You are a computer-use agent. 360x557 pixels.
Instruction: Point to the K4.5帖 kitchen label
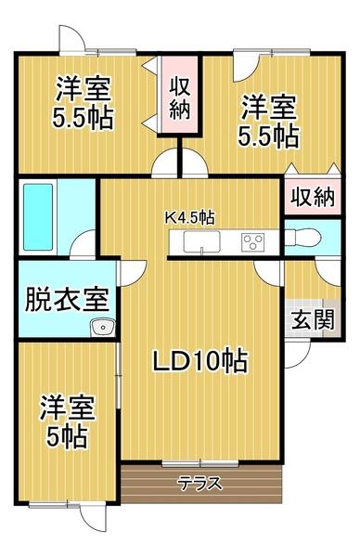point(190,218)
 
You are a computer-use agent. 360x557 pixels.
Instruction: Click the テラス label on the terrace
point(199,482)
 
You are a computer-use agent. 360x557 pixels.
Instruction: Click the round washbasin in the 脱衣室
point(101,326)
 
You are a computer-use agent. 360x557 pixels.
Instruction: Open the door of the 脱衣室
point(134,271)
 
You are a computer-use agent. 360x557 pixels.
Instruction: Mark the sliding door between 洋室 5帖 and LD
point(121,381)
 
